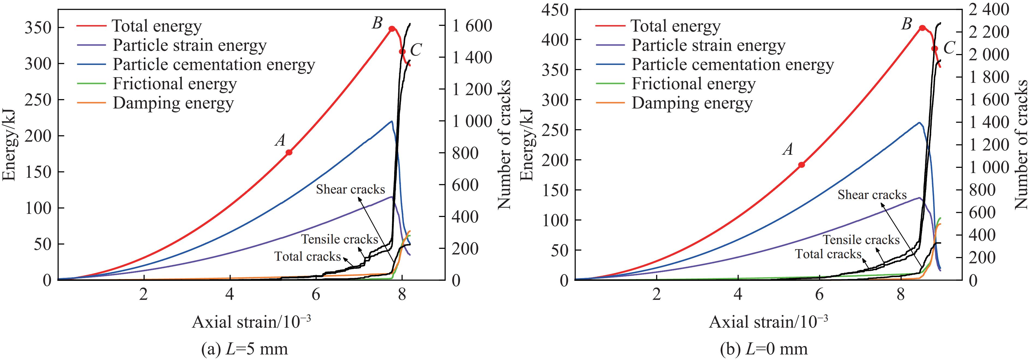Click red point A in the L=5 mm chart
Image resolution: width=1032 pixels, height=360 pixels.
pos(289,152)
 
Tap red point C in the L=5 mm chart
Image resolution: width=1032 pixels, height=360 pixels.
pos(402,52)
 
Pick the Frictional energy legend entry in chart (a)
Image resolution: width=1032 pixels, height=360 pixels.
pos(174,84)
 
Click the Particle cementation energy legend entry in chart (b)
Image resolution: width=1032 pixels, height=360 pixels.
pos(732,64)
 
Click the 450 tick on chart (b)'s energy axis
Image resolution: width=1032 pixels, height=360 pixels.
pos(555,10)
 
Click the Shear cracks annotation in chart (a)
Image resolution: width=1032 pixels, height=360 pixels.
pos(350,189)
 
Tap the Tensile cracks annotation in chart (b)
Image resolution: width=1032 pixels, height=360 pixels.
pos(861,240)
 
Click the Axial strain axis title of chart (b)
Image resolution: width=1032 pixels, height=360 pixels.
pos(768,322)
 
